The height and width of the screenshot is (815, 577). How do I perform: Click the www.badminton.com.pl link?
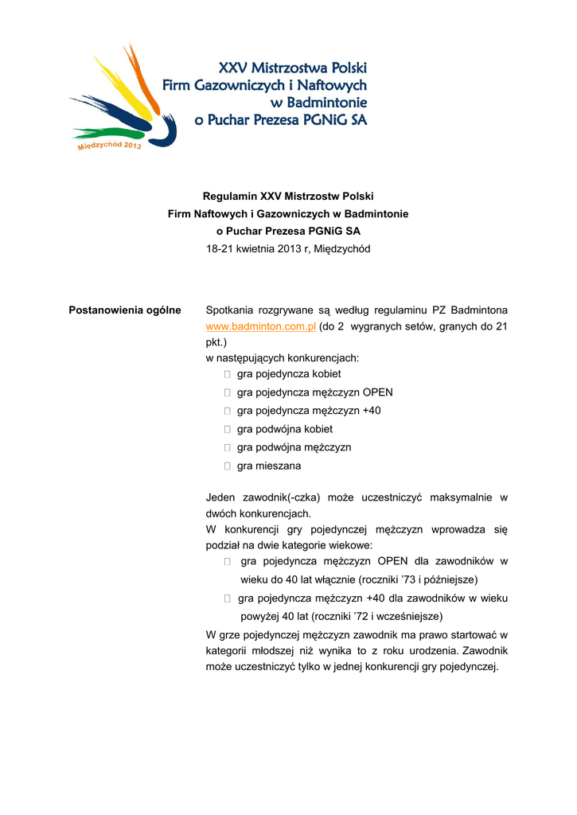(x=261, y=326)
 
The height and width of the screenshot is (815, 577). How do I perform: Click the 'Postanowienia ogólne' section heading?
(x=125, y=310)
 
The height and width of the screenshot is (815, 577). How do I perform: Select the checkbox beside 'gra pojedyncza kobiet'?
(x=228, y=374)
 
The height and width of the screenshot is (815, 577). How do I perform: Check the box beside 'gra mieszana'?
(x=228, y=466)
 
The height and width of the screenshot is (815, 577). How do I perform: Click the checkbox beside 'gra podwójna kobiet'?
(x=228, y=430)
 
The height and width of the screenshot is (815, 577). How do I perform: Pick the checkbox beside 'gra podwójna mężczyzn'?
(x=228, y=448)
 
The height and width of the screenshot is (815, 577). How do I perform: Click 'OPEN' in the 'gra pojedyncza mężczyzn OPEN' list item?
(x=378, y=392)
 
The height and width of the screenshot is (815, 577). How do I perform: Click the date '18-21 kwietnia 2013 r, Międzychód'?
(x=288, y=249)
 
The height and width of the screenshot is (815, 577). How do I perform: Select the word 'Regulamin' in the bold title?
(x=230, y=195)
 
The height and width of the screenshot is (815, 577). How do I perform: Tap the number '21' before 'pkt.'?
(x=501, y=326)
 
